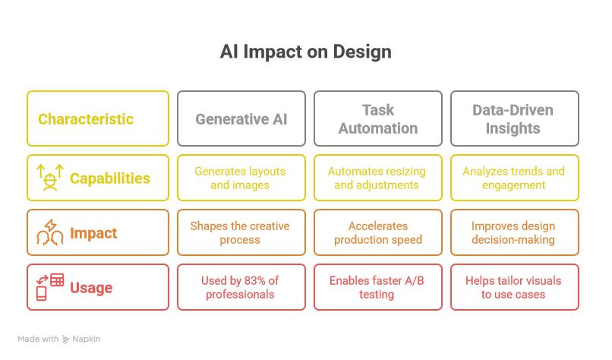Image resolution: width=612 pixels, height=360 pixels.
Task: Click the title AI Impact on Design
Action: (305, 52)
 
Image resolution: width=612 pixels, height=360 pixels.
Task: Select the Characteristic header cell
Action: (86, 119)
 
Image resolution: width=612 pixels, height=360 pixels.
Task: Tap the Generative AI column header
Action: (241, 119)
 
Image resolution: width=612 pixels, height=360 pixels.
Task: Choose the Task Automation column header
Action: (378, 119)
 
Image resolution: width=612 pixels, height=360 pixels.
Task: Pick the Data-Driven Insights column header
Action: (513, 119)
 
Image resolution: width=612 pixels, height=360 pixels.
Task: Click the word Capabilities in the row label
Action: (110, 178)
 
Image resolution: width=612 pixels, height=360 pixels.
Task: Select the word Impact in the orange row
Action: (93, 233)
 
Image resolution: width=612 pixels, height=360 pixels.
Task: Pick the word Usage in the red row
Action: (91, 288)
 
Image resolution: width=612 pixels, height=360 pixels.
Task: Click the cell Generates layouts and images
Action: (241, 178)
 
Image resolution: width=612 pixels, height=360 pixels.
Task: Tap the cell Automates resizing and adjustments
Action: (378, 178)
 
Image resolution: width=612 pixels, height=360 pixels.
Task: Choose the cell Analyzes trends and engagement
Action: (514, 178)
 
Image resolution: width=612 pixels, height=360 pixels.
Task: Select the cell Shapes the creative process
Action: (241, 232)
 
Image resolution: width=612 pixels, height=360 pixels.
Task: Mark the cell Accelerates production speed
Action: (378, 232)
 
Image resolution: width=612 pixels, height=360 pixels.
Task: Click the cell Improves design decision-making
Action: (514, 232)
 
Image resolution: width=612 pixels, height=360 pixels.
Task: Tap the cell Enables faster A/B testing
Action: (378, 287)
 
